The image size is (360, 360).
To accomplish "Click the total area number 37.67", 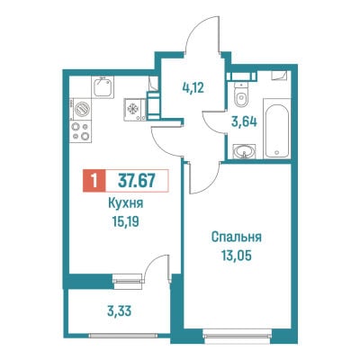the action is point(137,181).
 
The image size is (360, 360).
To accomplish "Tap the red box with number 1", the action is point(94,181).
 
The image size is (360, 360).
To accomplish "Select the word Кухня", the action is point(125,203).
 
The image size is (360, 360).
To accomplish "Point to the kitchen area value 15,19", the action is point(125,222).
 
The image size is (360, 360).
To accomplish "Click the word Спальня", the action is point(237,238).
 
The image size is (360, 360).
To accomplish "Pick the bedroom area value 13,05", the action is point(237,256).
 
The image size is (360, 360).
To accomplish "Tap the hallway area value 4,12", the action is point(193,88).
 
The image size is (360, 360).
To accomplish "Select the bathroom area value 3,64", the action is point(244,122).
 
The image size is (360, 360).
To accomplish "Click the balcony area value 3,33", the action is point(120,311).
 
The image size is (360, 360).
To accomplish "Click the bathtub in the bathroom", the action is point(277,128).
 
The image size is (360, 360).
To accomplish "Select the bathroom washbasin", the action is point(245,151).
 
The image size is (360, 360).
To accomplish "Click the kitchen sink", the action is point(103,87).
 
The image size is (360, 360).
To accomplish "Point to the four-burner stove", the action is point(81,131).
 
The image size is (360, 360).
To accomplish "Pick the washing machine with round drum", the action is point(80,110).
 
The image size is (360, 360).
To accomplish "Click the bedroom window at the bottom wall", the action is point(237,333).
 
